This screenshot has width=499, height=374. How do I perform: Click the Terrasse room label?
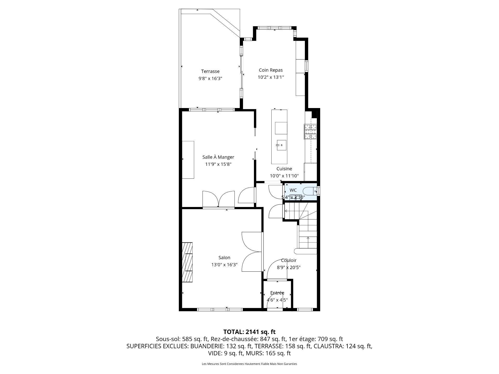[210, 71]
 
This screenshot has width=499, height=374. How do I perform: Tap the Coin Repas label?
[271, 70]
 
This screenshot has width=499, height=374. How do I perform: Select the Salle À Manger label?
[218, 157]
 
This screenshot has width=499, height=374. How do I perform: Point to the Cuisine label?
[284, 169]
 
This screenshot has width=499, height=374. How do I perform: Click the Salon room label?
[224, 258]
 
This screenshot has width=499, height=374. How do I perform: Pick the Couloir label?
[288, 260]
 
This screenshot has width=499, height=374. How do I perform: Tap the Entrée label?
[277, 293]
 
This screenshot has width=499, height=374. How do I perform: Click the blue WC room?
[301, 192]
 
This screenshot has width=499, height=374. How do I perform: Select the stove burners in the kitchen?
[310, 132]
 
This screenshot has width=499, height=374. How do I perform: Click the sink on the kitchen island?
[281, 145]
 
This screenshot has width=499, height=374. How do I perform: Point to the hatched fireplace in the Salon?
[187, 262]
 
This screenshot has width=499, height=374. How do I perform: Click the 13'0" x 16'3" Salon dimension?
[224, 265]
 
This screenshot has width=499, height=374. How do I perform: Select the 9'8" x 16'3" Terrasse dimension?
[210, 78]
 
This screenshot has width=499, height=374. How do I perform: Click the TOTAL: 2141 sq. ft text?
[249, 332]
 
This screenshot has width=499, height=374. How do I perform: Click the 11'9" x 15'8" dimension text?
[218, 164]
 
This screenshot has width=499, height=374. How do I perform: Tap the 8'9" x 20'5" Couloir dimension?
[288, 268]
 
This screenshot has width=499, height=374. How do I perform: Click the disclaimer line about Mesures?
[249, 364]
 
